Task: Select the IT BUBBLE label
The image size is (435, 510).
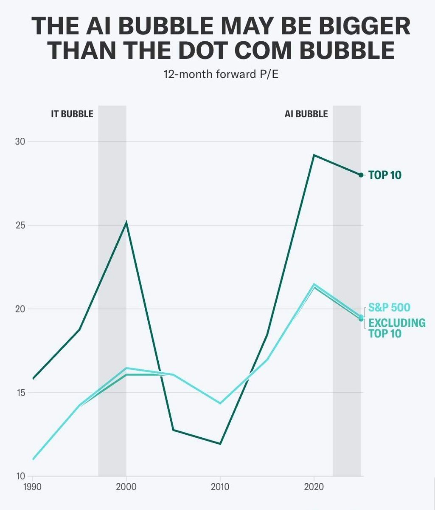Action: [x=69, y=114]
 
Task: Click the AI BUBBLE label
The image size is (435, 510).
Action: [x=306, y=114]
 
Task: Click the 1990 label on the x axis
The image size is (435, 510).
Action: [x=33, y=485]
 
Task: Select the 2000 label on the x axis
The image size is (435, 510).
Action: [x=126, y=485]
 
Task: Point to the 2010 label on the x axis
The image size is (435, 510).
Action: [x=220, y=485]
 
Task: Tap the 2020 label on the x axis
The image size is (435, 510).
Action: [x=314, y=485]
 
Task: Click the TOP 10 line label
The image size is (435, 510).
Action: [x=384, y=175]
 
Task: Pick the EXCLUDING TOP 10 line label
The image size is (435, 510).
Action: [x=396, y=328]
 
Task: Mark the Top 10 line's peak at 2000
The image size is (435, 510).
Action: [x=126, y=222]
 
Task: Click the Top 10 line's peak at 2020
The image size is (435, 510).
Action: [x=314, y=155]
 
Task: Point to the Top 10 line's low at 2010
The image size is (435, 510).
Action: [x=220, y=444]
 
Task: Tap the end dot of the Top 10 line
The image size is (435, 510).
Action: [x=361, y=175]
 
